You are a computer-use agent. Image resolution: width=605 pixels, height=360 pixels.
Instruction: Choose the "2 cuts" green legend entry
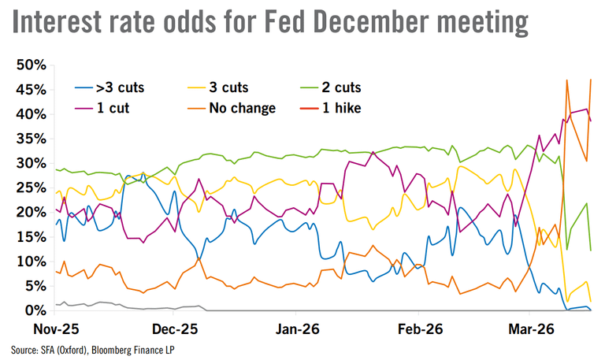pos(364,88)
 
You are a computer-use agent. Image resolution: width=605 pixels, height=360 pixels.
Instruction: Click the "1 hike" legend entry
pos(359,107)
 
